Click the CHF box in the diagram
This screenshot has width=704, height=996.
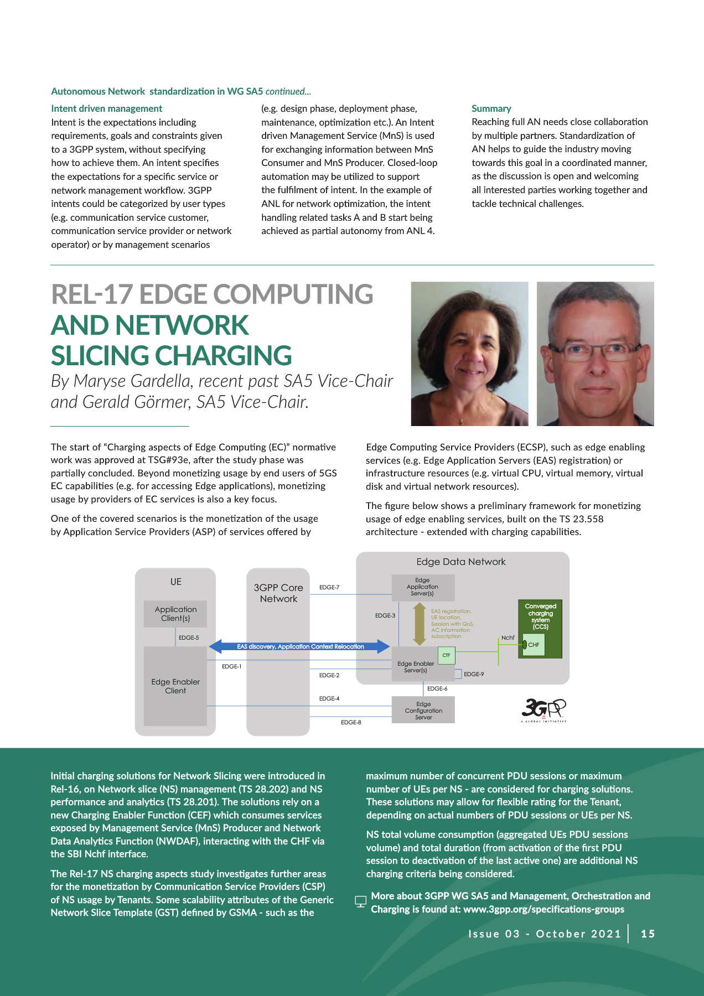click(534, 645)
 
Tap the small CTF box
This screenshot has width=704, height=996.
click(446, 655)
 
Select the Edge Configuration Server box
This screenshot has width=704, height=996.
click(423, 710)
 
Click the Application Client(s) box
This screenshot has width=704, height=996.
click(175, 614)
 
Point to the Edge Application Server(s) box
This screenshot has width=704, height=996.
click(423, 587)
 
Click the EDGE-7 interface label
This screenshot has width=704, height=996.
click(329, 588)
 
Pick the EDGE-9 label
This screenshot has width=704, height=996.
click(474, 675)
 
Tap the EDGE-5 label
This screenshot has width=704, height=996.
click(189, 637)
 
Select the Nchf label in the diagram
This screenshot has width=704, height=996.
click(508, 638)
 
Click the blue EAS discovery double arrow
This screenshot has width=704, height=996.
click(300, 646)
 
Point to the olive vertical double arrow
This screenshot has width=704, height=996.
click(420, 624)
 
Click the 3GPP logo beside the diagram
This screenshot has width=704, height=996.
click(543, 709)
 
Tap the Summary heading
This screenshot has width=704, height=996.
click(491, 108)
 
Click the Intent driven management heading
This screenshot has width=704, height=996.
click(107, 108)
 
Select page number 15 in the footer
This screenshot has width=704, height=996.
click(648, 934)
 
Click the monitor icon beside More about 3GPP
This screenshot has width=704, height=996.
click(360, 902)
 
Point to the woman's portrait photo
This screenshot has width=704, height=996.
click(469, 354)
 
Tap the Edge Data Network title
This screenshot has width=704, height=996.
click(461, 562)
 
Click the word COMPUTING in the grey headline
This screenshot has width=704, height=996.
click(293, 294)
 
